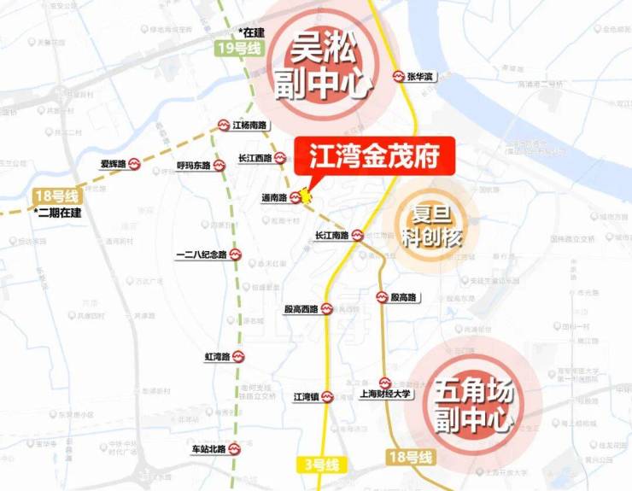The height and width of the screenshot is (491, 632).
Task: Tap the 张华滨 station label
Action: pos(419,77)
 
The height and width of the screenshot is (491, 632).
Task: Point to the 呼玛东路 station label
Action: pos(193,165)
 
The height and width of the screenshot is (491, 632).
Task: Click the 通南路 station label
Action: pos(274,197)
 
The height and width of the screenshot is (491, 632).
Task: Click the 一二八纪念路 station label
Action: pos(201,254)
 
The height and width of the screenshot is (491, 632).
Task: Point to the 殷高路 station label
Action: pos(403,297)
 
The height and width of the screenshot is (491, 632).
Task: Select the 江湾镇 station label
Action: pos(306,396)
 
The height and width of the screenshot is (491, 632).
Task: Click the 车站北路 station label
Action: pos(208,448)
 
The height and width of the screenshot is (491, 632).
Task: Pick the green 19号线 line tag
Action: pos(238,49)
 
